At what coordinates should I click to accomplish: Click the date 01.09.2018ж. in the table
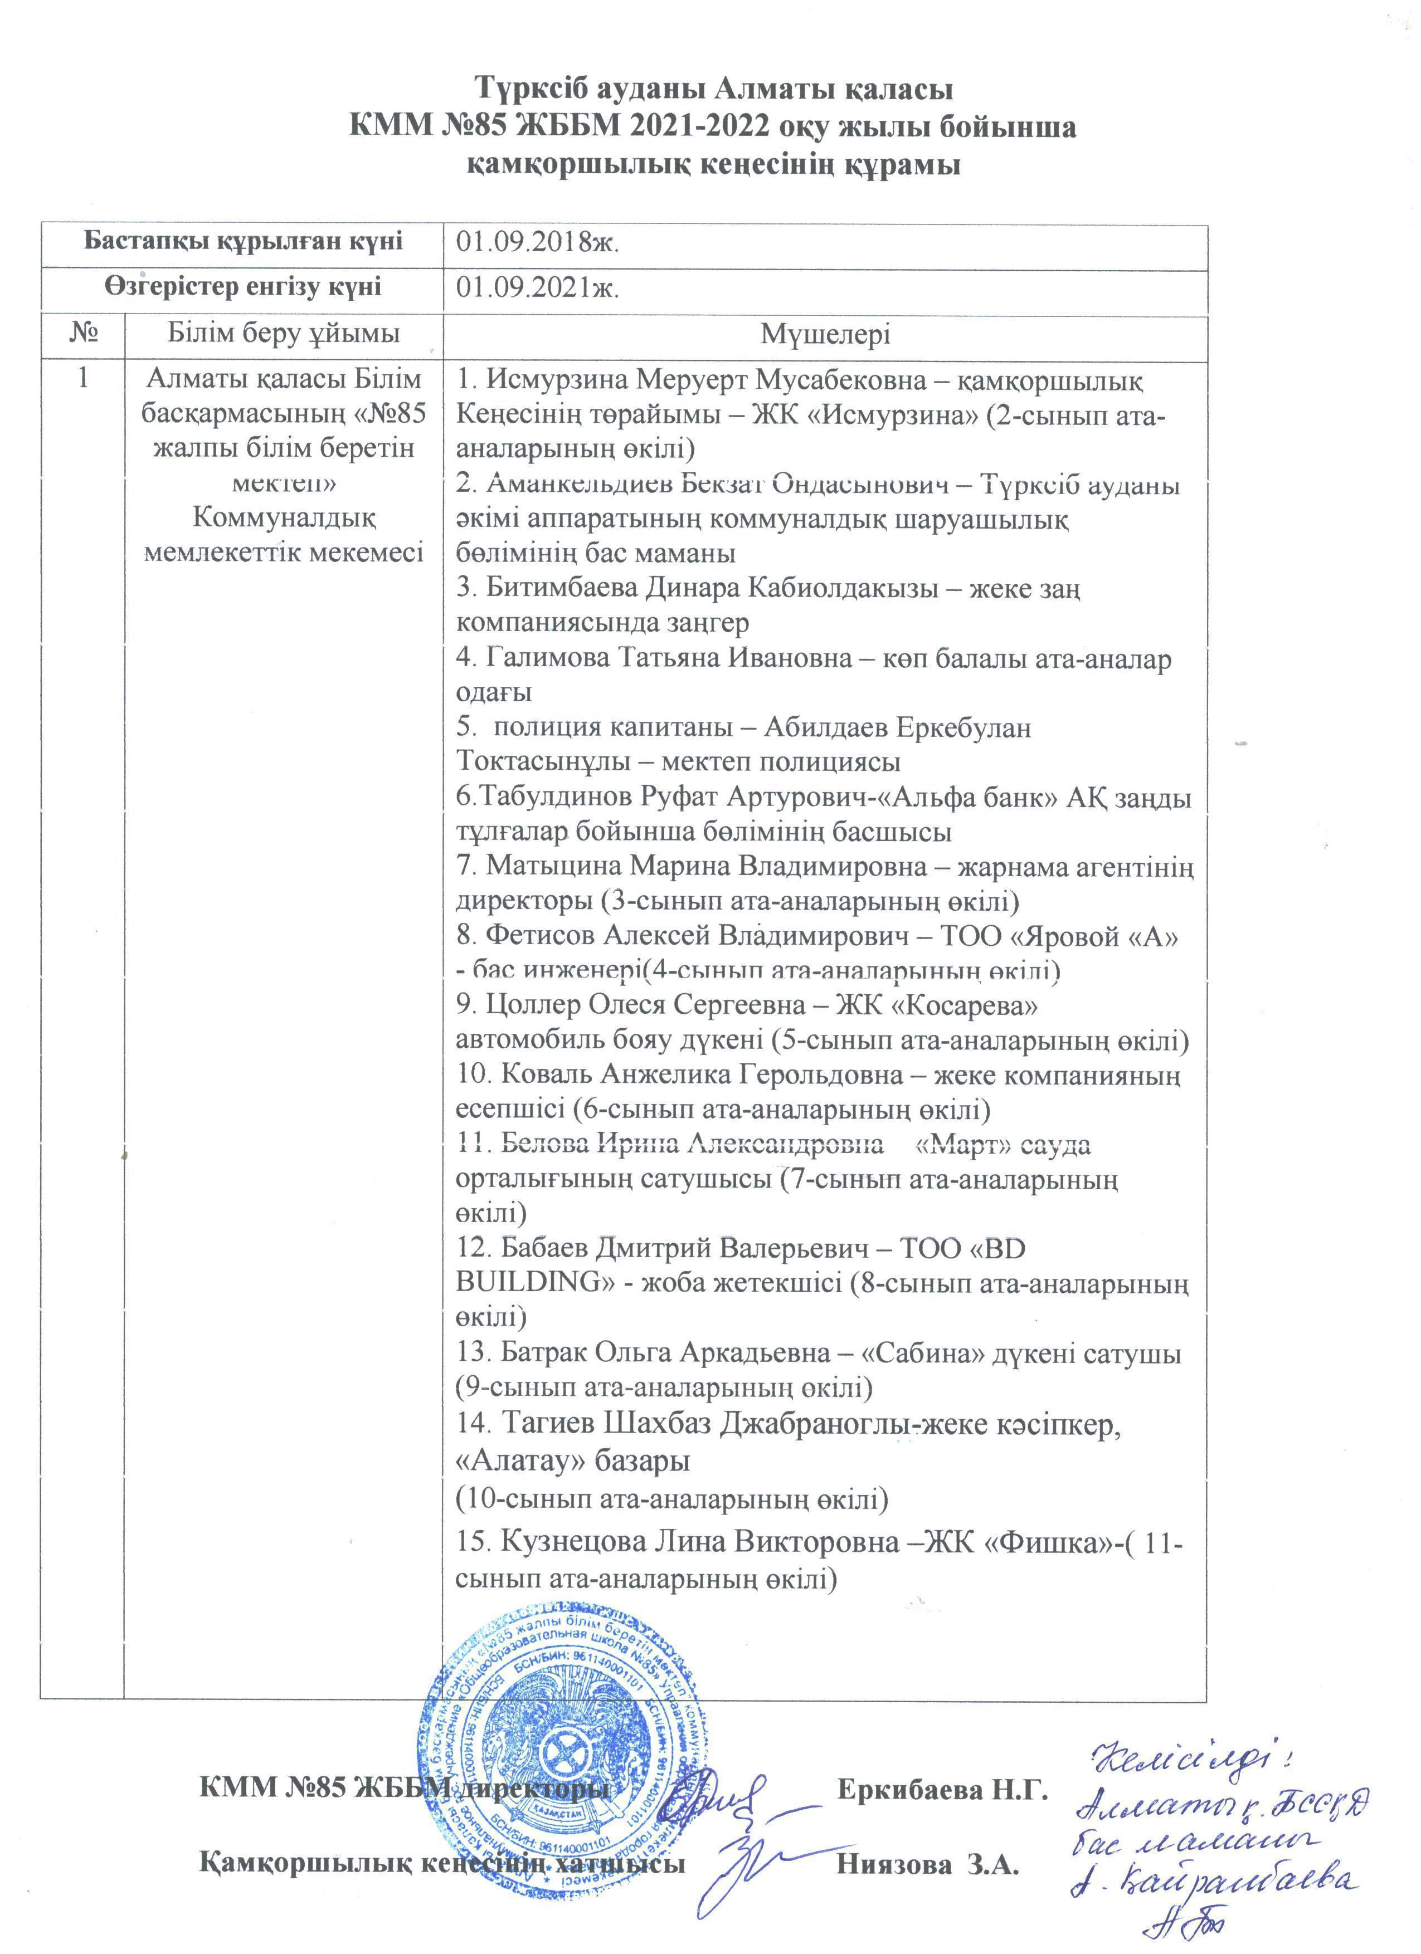pyautogui.click(x=538, y=243)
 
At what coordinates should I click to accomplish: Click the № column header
pyautogui.click(x=82, y=334)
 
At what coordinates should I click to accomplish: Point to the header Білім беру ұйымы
pyautogui.click(x=284, y=334)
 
